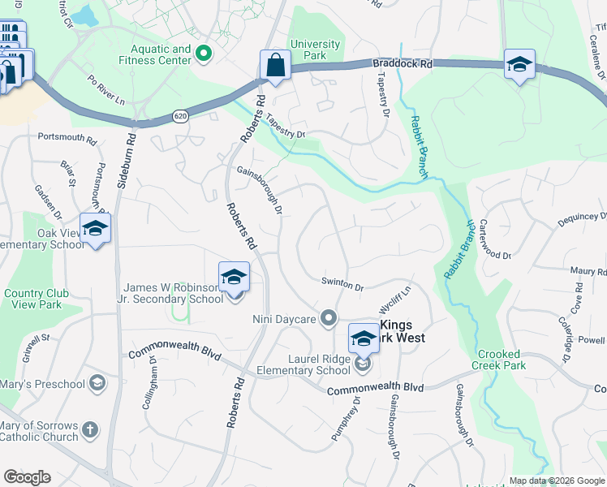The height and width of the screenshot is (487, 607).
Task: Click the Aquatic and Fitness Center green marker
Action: pyautogui.click(x=203, y=54)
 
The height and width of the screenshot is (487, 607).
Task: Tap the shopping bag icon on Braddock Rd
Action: pyautogui.click(x=275, y=65)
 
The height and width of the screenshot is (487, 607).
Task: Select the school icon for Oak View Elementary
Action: pyautogui.click(x=95, y=229)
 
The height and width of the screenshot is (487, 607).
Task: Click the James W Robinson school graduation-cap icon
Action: pyautogui.click(x=234, y=278)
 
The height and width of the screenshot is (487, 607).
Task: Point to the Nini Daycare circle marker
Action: pyautogui.click(x=329, y=318)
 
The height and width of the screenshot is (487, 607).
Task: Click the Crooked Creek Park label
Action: pyautogui.click(x=501, y=360)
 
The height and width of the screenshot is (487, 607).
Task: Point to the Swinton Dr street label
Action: pyautogui.click(x=342, y=284)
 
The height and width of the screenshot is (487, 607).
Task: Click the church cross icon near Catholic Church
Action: pyautogui.click(x=90, y=429)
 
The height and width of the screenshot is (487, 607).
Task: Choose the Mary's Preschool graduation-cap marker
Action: pyautogui.click(x=97, y=381)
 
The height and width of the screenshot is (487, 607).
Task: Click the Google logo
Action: pyautogui.click(x=27, y=477)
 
